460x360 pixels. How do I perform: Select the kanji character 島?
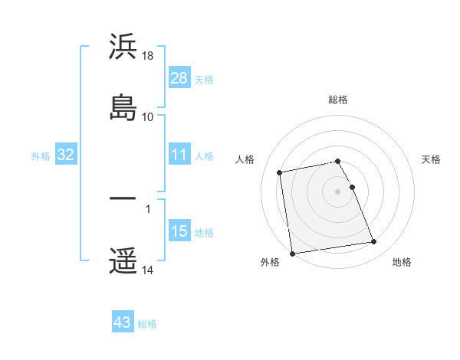[123, 107]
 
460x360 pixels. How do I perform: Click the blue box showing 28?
[179, 78]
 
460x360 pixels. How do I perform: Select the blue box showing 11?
[179, 155]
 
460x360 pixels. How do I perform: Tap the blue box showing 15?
[179, 232]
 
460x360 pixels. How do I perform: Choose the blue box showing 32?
[66, 155]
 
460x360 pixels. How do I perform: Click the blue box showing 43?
[123, 322]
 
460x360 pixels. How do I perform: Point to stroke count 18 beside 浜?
[148, 56]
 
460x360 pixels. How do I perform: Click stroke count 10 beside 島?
[148, 116]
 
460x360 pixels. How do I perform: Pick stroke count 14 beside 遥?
[148, 270]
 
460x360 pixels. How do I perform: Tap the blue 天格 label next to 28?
[204, 79]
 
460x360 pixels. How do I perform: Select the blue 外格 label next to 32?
[41, 156]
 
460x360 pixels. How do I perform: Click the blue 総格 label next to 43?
[147, 324]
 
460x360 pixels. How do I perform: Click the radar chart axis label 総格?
[338, 100]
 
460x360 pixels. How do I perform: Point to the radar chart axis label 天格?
[432, 159]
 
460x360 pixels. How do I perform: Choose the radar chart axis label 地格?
[402, 263]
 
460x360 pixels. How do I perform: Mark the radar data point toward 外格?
[292, 253]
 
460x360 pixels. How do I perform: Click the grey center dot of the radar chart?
[338, 191]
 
